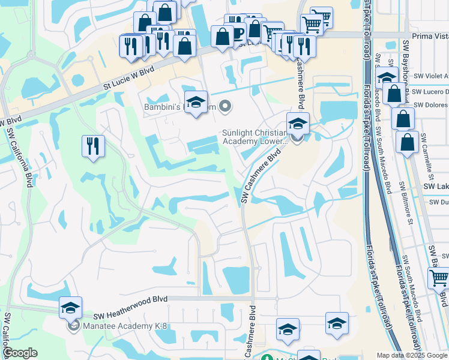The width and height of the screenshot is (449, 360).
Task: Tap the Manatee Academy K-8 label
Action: click(115, 326)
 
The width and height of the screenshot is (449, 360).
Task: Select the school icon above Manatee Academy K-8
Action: click(70, 308)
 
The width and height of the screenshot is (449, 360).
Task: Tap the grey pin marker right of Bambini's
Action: click(225, 107)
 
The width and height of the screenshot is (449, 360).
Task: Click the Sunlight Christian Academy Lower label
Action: click(255, 137)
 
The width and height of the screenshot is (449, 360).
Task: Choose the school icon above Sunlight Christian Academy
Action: click(297, 124)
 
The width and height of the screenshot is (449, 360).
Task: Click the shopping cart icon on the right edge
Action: click(439, 278)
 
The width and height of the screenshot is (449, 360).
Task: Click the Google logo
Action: click(20, 353)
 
